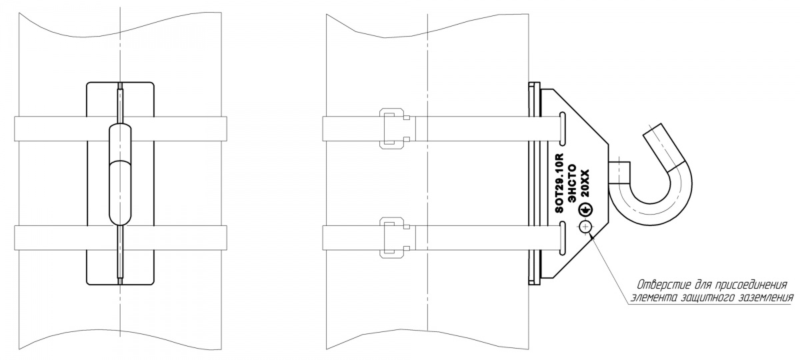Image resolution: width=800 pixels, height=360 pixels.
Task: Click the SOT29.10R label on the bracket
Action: (x=559, y=183)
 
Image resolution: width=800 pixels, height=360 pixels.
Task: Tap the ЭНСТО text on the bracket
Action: (x=572, y=183)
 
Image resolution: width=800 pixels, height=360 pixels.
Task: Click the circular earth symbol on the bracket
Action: (x=585, y=211)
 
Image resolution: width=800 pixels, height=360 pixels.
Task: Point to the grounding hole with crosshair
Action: (x=586, y=227)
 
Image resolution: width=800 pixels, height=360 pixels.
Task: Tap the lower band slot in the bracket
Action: (x=563, y=238)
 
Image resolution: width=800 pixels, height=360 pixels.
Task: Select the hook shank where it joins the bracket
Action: (x=619, y=173)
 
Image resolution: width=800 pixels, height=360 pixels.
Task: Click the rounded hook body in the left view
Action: (x=120, y=175)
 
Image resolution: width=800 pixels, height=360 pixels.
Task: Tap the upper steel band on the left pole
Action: (x=121, y=129)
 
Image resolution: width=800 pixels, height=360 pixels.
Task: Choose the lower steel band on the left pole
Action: (x=121, y=238)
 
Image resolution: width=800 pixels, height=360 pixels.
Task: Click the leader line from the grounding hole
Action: (x=609, y=269)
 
